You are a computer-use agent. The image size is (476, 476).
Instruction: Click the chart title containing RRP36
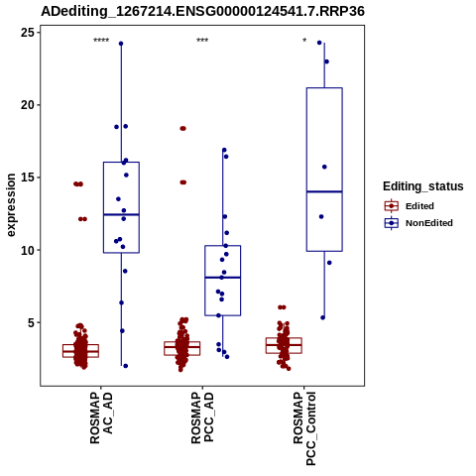pos(202,11)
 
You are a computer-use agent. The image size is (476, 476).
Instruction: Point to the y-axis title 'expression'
pos(11,205)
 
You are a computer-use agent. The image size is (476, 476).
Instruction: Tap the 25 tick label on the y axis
pos(28,33)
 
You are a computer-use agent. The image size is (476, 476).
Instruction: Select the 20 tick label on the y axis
pos(28,105)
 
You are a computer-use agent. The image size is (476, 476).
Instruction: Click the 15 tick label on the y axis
pos(28,178)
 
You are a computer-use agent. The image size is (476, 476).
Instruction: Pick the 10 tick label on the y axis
pos(28,250)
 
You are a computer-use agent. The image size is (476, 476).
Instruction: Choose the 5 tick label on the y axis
pos(32,322)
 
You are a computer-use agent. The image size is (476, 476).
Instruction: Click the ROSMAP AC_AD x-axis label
pos(101,418)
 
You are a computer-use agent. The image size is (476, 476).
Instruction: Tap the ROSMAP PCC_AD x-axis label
pos(202,418)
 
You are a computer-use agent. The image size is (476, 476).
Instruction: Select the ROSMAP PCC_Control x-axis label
pos(304,428)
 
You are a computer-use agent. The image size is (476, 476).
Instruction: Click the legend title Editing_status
pos(423,186)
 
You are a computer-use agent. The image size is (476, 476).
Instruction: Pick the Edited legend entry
pos(410,206)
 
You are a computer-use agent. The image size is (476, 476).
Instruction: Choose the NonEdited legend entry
pos(418,223)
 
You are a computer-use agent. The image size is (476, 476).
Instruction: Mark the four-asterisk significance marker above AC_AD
pos(101,41)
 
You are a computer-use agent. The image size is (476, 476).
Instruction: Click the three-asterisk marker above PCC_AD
pos(202,41)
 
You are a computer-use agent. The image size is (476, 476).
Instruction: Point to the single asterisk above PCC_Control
pos(304,41)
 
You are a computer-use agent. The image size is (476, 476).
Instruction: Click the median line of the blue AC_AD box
pos(121,214)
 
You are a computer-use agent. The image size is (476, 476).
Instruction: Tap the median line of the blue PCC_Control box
pos(324,191)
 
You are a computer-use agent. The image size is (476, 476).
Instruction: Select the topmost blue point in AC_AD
pos(121,44)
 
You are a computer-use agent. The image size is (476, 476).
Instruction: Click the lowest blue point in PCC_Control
pos(323,317)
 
